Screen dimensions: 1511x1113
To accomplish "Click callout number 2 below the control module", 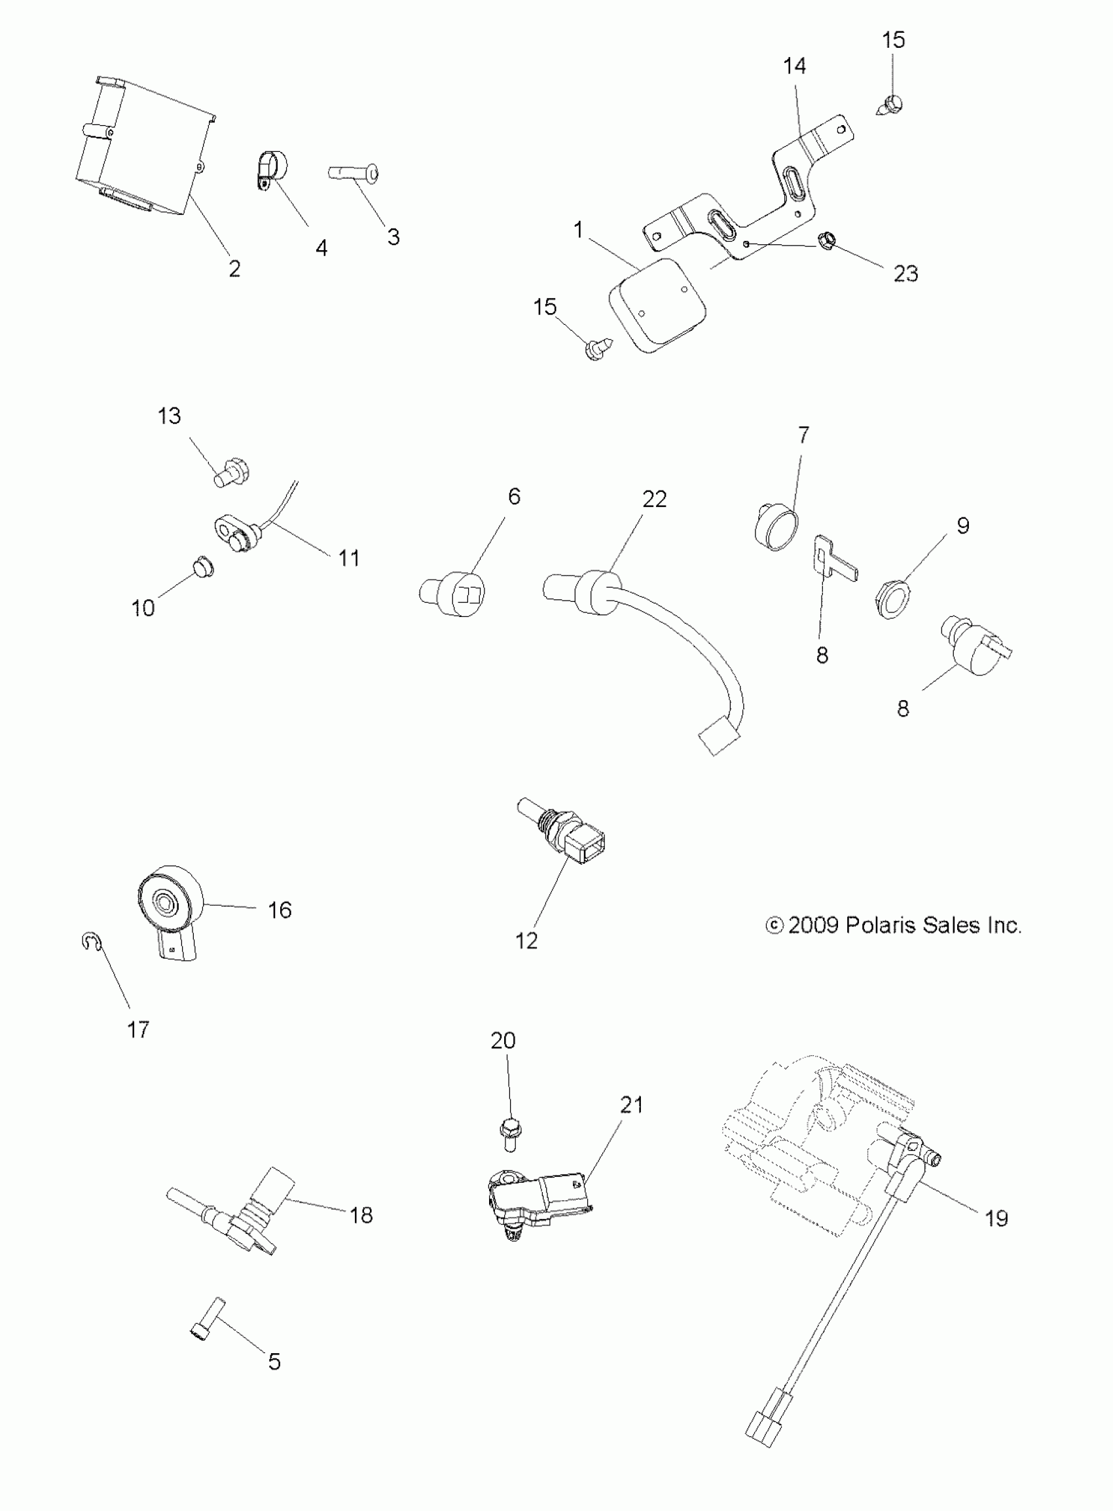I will pos(234,269).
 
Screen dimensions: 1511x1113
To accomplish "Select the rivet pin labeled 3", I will pos(354,174).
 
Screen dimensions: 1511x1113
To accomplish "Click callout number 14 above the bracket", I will pos(794,66).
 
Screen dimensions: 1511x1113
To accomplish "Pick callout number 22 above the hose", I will pos(654,498).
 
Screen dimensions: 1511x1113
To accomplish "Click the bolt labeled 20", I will pos(512,1134).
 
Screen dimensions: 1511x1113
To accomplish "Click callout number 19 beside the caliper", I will pos(996,1218).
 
